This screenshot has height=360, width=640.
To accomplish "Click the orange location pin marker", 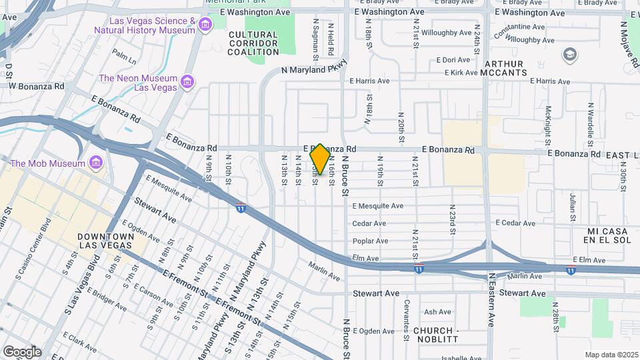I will [x=320, y=159].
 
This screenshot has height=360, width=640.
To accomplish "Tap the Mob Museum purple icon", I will [x=97, y=163].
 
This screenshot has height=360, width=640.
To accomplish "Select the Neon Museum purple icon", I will [x=187, y=82].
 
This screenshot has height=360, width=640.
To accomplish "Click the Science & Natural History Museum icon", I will [x=205, y=25].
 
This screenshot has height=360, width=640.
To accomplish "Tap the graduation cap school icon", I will [x=570, y=53].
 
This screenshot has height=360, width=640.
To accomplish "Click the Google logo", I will [x=22, y=351].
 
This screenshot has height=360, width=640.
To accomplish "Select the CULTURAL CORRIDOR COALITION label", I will [x=253, y=43].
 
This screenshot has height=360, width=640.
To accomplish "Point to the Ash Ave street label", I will [x=437, y=311].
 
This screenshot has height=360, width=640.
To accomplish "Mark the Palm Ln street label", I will [x=124, y=57].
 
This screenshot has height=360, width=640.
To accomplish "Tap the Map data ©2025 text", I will [x=610, y=355].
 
